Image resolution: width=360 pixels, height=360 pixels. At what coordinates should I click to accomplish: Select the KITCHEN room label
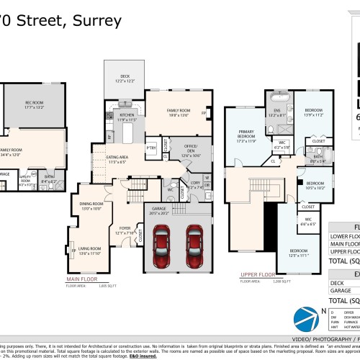tap(127, 114)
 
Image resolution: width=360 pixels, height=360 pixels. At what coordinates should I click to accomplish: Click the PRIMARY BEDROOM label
tap(247, 135)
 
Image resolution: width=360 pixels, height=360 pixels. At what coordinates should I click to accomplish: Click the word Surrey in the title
tap(97, 20)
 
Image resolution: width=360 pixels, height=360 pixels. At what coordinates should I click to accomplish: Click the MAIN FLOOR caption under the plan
tap(83, 278)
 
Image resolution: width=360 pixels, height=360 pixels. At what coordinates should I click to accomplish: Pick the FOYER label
tap(126, 231)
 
